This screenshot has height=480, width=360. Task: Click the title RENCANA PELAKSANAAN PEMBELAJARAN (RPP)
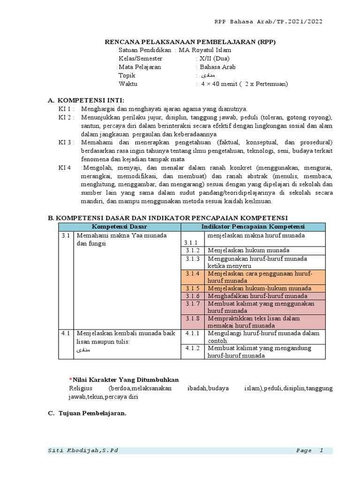tap(190, 42)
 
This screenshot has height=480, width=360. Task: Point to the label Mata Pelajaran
tap(140, 67)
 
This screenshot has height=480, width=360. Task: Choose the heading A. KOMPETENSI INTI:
tap(86, 100)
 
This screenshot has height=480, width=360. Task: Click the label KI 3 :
tap(67, 142)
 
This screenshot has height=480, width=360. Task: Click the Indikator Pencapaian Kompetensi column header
tap(253, 227)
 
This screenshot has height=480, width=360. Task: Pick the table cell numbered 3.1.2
tap(192, 250)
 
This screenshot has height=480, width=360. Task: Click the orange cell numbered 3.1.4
tap(192, 273)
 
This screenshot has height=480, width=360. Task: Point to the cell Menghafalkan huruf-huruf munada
tap(257, 296)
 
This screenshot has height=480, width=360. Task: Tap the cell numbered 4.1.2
tap(192, 348)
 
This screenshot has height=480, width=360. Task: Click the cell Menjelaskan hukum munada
tap(248, 250)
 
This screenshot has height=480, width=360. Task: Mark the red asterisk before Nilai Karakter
tap(70, 379)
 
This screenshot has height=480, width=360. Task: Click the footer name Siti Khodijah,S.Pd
tap(83, 450)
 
